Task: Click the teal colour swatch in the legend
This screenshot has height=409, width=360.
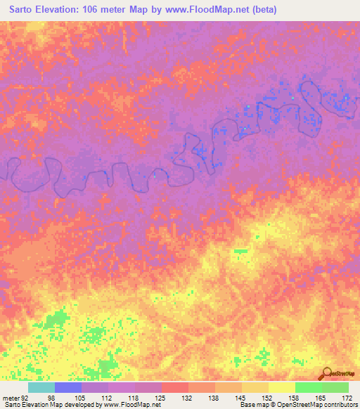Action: click(x=41, y=387)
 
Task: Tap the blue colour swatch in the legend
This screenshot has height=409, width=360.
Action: click(x=68, y=387)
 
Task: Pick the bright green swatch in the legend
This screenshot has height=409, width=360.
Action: click(x=309, y=387)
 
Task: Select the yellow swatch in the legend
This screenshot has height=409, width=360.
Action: click(x=282, y=387)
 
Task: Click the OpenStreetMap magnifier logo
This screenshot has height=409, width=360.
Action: click(x=326, y=372)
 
